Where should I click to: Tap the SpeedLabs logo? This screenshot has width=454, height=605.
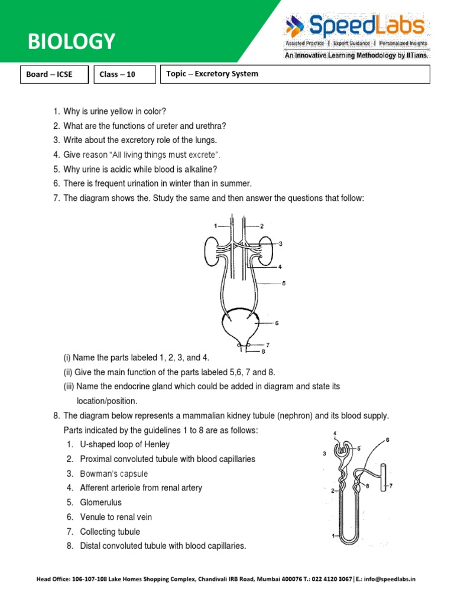(355, 27)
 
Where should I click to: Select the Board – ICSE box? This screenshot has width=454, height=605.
(54, 74)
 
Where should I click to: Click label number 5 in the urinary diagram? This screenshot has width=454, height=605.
(284, 284)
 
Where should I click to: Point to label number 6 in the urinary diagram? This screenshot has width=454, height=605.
(277, 323)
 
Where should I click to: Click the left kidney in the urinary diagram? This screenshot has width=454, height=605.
(212, 249)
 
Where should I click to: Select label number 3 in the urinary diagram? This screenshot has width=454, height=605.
(281, 243)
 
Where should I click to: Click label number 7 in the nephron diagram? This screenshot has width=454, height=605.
(391, 487)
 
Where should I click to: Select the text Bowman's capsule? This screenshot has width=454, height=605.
(114, 473)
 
